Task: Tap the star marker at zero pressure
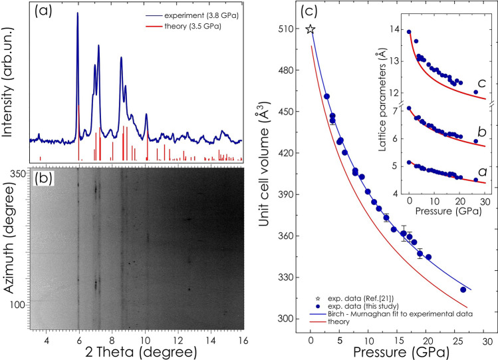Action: pyautogui.click(x=311, y=29)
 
